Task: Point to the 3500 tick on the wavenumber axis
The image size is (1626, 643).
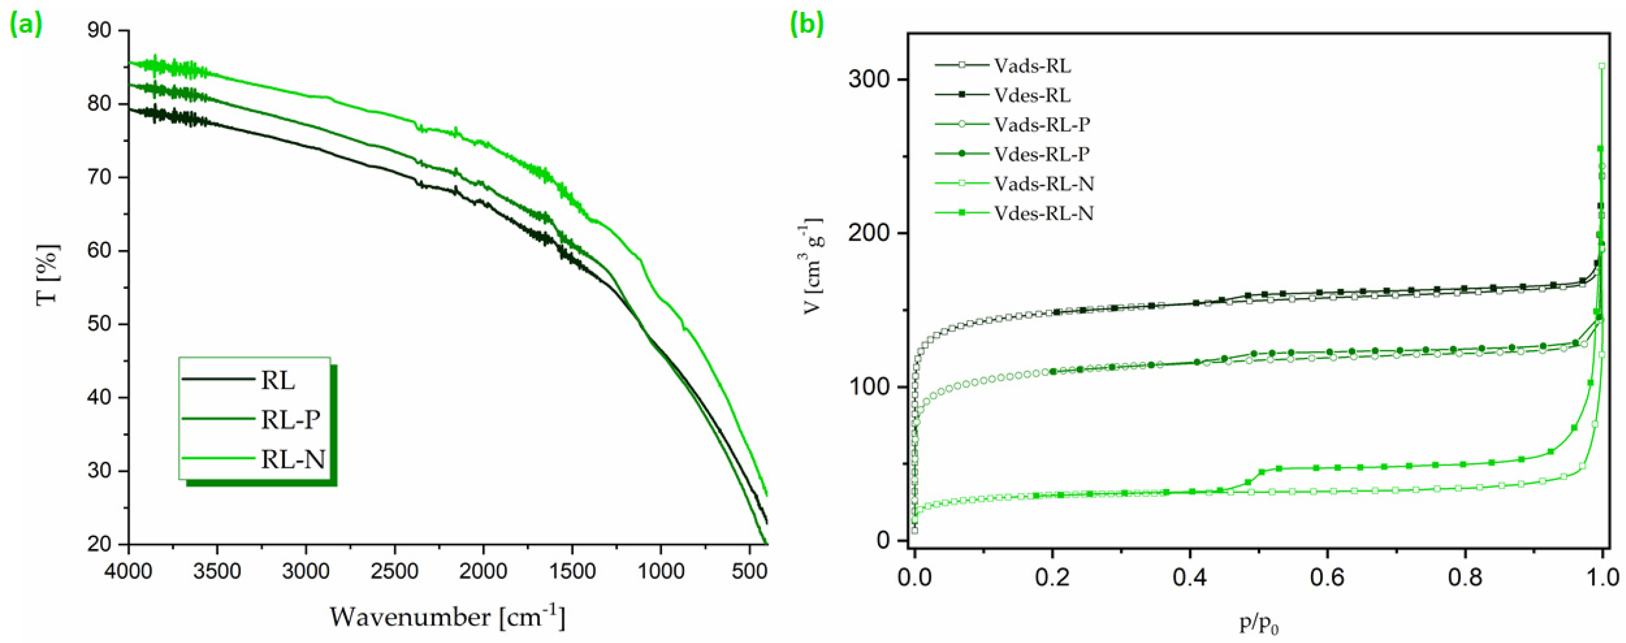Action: coord(217,572)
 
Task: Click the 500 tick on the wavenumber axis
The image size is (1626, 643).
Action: coord(749,572)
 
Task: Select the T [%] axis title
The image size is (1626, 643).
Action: coord(49,275)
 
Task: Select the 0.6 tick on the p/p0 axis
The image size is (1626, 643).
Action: coord(1328,577)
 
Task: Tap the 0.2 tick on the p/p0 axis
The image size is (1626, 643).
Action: coord(1052,577)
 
